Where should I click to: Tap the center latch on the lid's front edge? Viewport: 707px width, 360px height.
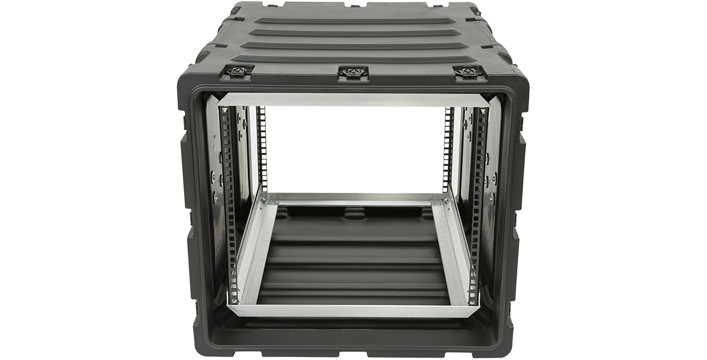click(x=353, y=72)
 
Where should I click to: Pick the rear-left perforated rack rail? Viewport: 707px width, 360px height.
click(x=262, y=147)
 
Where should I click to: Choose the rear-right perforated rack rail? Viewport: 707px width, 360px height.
click(x=448, y=147)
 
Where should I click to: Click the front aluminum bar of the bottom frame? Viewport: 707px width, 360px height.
click(x=353, y=311)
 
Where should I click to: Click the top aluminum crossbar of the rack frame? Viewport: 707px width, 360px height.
click(x=353, y=100)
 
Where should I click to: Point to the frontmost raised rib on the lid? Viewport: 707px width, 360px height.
click(x=353, y=59)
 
